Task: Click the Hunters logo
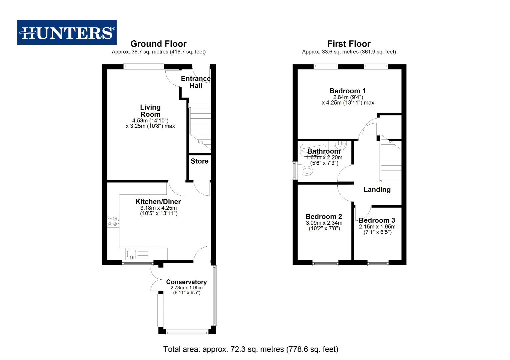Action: click(x=67, y=33)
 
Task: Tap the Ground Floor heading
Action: click(x=158, y=44)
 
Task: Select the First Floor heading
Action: click(x=349, y=44)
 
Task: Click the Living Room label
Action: click(x=150, y=111)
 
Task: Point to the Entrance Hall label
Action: click(x=196, y=82)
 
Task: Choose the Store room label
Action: click(x=199, y=161)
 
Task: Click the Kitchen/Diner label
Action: click(x=158, y=202)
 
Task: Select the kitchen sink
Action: click(x=132, y=254)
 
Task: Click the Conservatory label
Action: click(x=186, y=282)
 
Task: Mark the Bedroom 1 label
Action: click(x=348, y=91)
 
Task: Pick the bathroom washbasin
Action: click(x=340, y=146)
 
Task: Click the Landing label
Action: click(x=377, y=190)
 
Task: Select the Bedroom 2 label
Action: click(x=324, y=217)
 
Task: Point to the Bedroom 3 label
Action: click(x=377, y=220)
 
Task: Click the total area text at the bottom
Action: click(x=251, y=349)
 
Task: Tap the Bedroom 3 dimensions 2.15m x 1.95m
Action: click(x=377, y=227)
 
